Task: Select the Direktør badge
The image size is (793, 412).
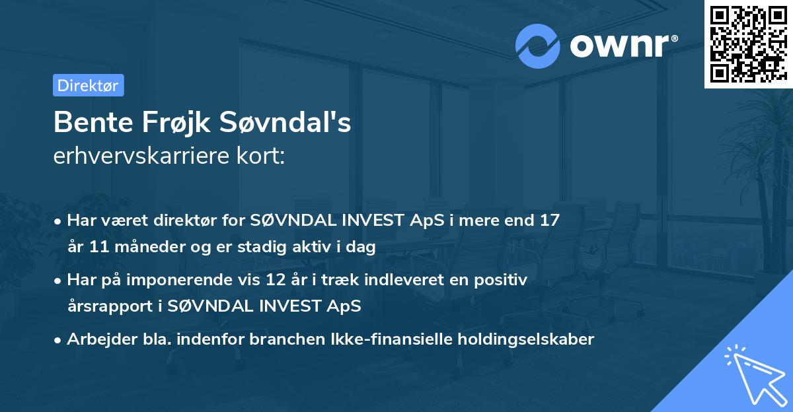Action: [88, 85]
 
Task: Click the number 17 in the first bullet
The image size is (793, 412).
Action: [549, 221]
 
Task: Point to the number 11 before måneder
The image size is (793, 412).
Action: [102, 248]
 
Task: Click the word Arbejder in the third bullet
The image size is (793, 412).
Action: [97, 339]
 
